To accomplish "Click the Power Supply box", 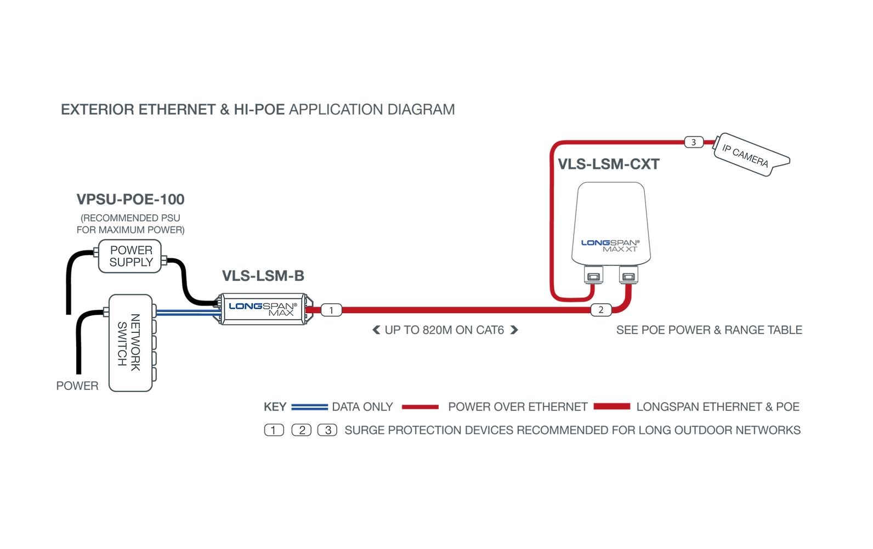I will pyautogui.click(x=130, y=256).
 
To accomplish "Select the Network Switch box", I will pyautogui.click(x=130, y=343).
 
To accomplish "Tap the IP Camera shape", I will pyautogui.click(x=749, y=154).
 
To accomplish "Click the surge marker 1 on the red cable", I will pyautogui.click(x=331, y=310).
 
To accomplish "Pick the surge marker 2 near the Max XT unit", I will pyautogui.click(x=601, y=310).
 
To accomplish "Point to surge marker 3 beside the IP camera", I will pyautogui.click(x=694, y=143).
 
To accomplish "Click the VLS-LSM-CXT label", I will pyautogui.click(x=608, y=165).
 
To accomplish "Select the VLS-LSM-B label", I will pyautogui.click(x=263, y=276).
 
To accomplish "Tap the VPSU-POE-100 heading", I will pyautogui.click(x=131, y=199).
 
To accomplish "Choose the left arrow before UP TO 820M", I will pyautogui.click(x=376, y=330).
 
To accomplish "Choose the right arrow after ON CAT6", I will pyautogui.click(x=514, y=330).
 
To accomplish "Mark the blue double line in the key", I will pyautogui.click(x=309, y=407).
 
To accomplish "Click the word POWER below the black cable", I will pyautogui.click(x=77, y=386).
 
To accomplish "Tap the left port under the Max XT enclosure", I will pyautogui.click(x=593, y=275).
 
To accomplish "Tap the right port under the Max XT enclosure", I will pyautogui.click(x=628, y=275).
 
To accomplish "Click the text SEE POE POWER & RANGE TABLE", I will pyautogui.click(x=709, y=330).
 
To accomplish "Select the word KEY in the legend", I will pyautogui.click(x=275, y=407).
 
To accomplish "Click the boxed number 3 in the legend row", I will pyautogui.click(x=327, y=431).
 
